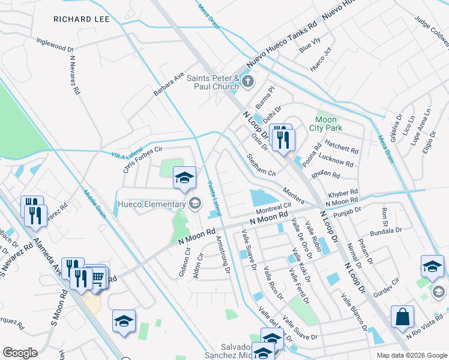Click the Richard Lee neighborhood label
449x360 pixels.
pos(82,19)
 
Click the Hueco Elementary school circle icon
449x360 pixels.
pos(194,204)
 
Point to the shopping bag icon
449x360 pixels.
pos(402,316)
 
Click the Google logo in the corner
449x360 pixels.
pos(20,353)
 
